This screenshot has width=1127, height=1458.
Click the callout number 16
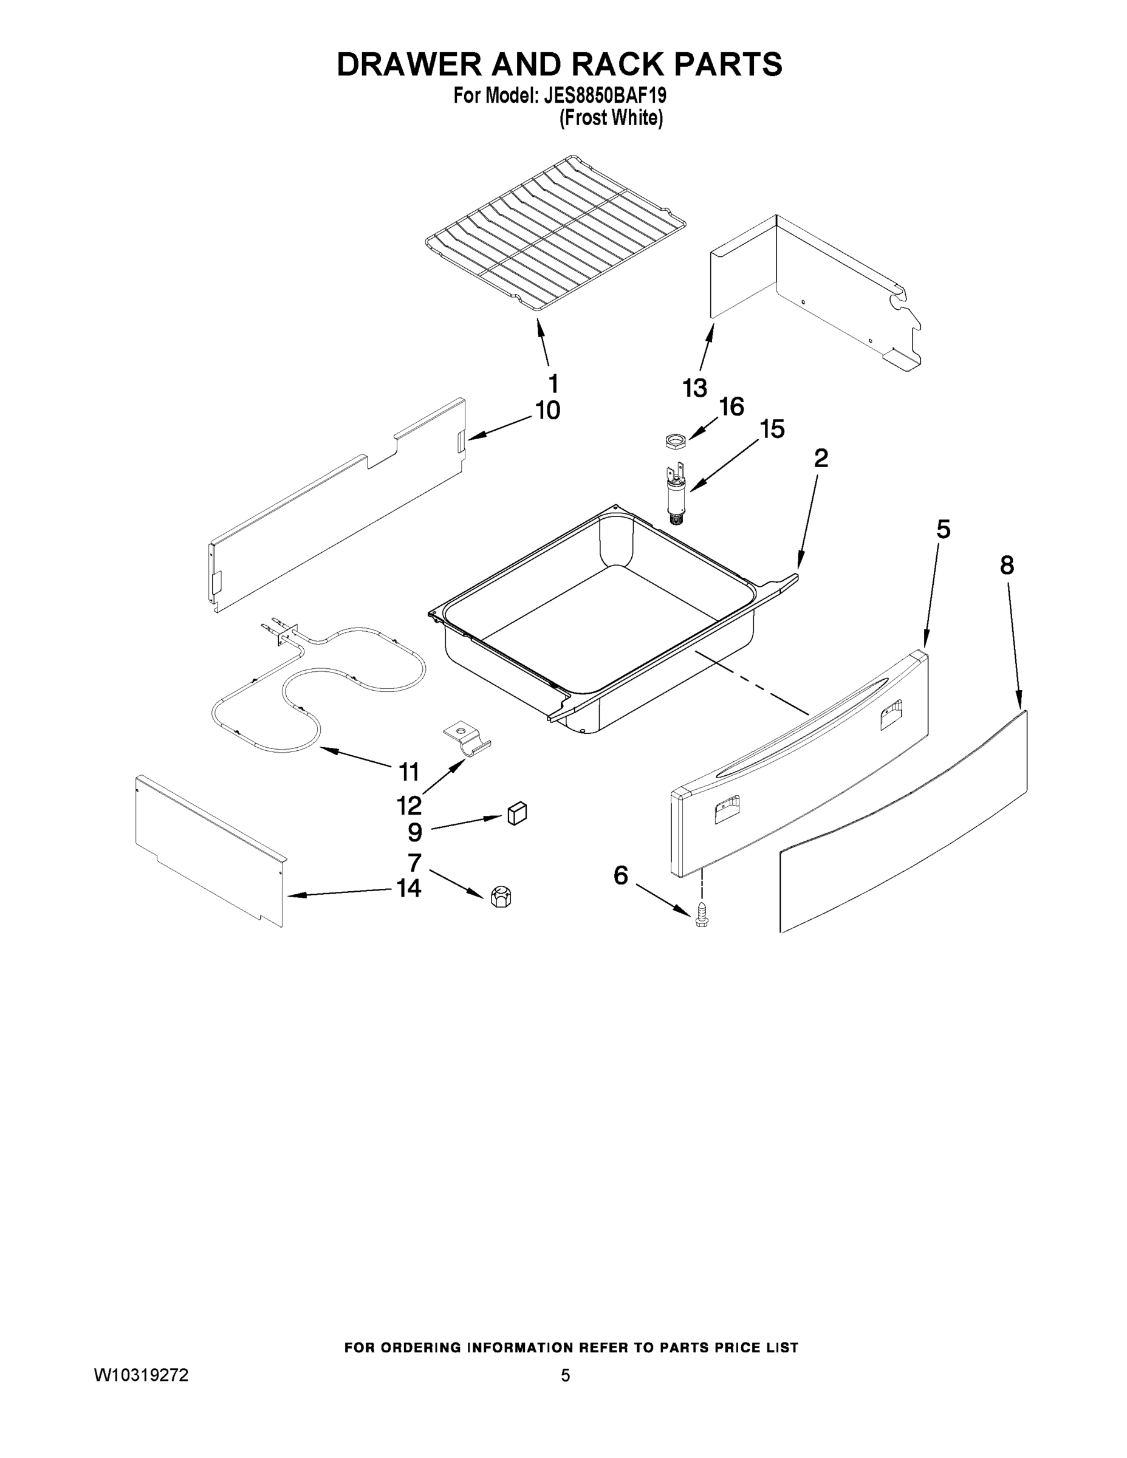[x=731, y=406]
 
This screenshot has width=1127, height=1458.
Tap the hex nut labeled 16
[x=676, y=440]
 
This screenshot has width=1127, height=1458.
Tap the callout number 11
[x=409, y=772]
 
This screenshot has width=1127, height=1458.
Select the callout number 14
[x=409, y=888]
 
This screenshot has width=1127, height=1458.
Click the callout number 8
[x=1007, y=566]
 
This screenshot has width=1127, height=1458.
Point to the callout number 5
[x=943, y=529]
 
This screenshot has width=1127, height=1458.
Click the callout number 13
[x=695, y=388]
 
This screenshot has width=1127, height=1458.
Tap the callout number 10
[x=547, y=411]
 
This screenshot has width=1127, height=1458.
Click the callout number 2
[x=821, y=458]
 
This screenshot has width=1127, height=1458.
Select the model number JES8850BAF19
[x=605, y=95]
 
